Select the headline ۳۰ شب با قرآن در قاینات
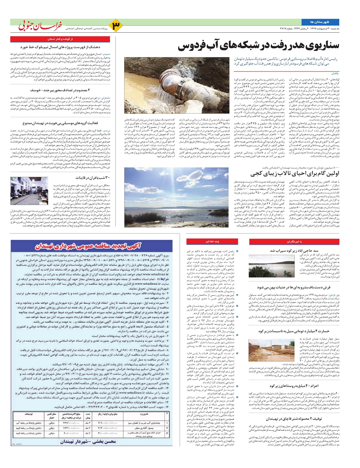point(93,178)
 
